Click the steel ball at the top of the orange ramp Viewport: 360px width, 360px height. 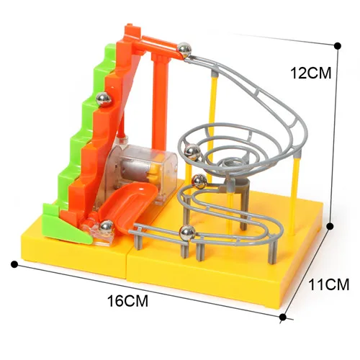[184, 50]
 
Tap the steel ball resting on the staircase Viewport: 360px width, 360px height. [104, 99]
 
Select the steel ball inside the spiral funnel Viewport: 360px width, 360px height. [192, 152]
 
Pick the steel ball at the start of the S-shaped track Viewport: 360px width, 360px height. [199, 181]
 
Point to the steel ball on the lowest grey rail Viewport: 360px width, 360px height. [188, 233]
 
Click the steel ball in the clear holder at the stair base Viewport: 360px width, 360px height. [107, 227]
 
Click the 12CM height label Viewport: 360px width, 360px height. [311, 73]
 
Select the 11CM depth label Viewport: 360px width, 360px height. [328, 284]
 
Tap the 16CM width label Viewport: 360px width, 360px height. [127, 301]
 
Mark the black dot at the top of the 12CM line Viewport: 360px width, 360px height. [338, 46]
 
